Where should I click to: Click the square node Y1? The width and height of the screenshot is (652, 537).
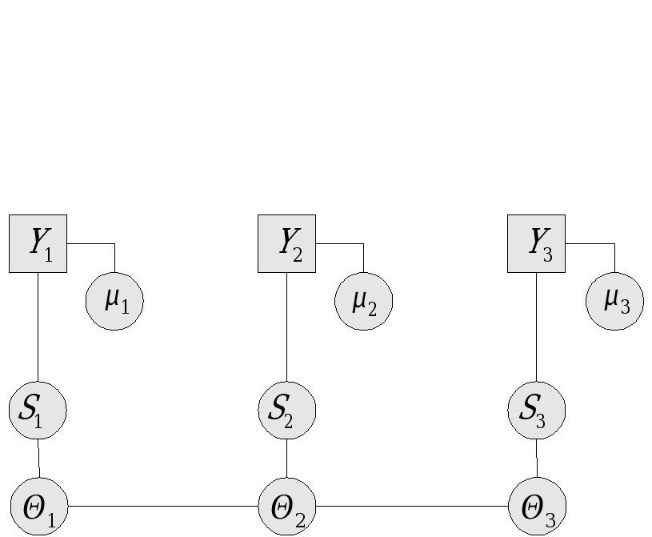tap(38, 243)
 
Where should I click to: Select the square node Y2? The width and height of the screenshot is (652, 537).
tap(286, 243)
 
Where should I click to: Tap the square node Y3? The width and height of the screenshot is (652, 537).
tap(536, 243)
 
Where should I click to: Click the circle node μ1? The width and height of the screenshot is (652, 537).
tap(114, 301)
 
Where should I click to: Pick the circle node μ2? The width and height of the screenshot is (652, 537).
tap(363, 301)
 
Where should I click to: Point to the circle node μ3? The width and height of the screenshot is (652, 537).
tap(614, 301)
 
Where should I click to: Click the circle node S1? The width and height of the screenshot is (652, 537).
tap(38, 411)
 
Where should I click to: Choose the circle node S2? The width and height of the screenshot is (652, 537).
tap(286, 411)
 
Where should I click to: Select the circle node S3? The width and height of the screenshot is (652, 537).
tap(536, 411)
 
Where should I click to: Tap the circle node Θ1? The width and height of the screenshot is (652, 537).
tap(38, 507)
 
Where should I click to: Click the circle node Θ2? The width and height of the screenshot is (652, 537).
tap(287, 507)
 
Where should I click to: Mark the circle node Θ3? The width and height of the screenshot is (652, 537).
tap(537, 507)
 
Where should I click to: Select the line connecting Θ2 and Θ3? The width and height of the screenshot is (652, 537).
tap(412, 507)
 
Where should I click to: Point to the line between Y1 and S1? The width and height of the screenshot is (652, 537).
tap(38, 327)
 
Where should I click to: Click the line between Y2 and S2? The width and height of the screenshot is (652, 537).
tap(286, 327)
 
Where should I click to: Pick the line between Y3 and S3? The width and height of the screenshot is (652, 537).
tap(536, 327)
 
